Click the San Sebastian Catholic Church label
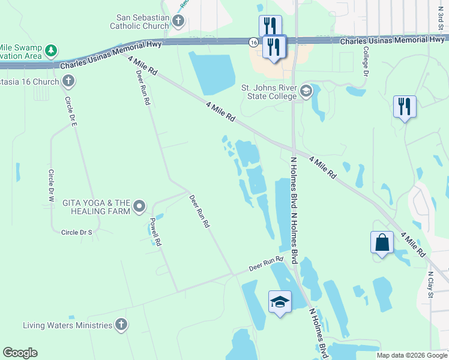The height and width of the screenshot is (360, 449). coord(139,22)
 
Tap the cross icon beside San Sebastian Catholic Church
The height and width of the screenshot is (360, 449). coord(178,22)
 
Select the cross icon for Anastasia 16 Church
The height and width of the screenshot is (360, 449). coord(68,81)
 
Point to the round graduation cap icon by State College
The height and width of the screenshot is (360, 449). coord(306,91)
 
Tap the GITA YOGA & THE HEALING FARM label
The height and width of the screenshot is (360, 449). coord(97,207)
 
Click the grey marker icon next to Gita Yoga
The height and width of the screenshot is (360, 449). coord(139,207)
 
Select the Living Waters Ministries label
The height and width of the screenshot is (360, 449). coord(67,325)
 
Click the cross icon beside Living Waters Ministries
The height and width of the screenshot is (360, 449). coord(121,325)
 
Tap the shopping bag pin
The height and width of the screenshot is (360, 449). coord(382,243)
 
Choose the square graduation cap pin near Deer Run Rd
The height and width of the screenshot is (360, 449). coord(280,301)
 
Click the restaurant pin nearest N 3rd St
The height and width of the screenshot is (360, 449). coord(405,107)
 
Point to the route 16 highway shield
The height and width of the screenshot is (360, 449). coord(254,41)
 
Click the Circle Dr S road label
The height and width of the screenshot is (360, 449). coord(77,232)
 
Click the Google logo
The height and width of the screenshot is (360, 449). coord(20,352)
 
